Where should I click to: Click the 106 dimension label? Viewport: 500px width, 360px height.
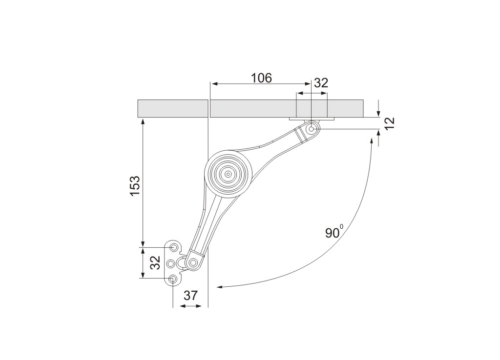point(261,78)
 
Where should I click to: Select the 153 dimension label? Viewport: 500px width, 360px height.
point(135,186)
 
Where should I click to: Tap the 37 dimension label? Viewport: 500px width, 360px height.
point(191,296)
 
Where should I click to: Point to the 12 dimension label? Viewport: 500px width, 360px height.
point(390,123)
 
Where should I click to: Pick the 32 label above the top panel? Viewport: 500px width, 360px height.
point(321,83)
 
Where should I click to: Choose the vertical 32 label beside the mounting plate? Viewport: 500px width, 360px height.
point(155,262)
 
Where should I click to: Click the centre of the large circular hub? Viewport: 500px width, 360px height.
point(229,174)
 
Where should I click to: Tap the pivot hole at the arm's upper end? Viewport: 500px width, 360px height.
point(311,129)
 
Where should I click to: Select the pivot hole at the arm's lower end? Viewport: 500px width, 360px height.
point(193,263)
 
